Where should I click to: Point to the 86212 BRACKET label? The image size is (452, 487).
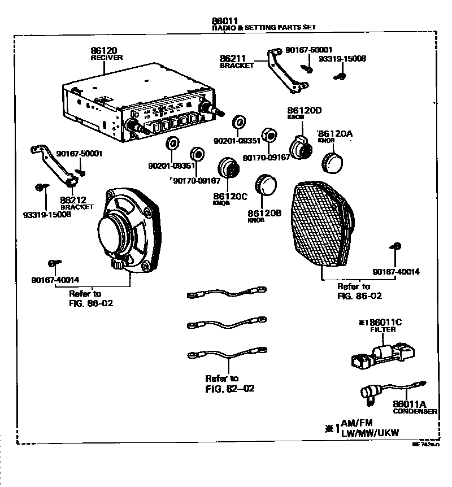pyautogui.click(x=77, y=202)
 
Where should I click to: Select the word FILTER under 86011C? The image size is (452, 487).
pyautogui.click(x=383, y=328)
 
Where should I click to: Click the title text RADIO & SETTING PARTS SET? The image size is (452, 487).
pyautogui.click(x=264, y=27)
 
